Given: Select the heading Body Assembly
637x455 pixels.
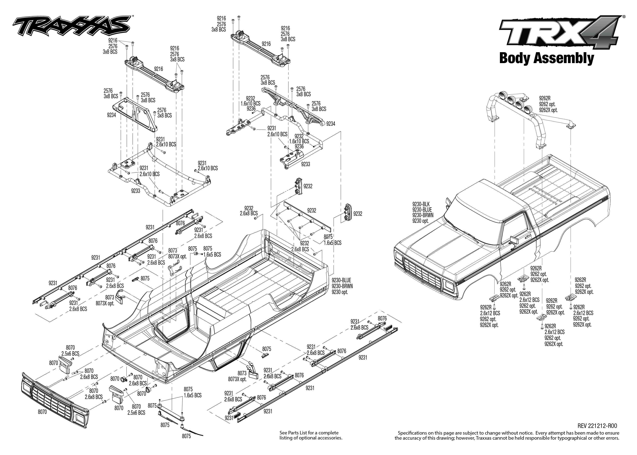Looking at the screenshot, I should [546, 58].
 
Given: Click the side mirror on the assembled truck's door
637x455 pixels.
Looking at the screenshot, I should [513, 240].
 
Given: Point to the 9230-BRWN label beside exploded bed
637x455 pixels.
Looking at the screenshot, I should [342, 286].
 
